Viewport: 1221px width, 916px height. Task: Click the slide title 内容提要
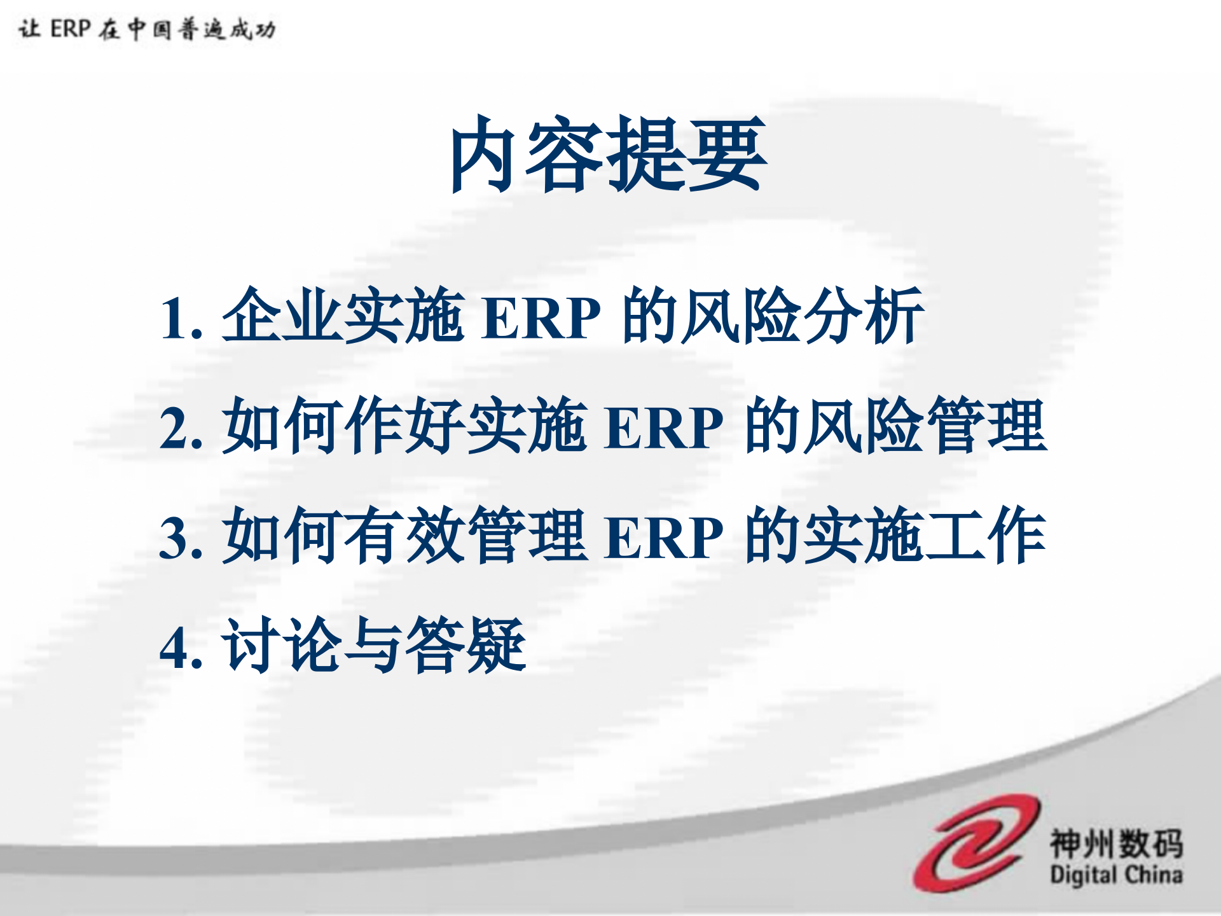click(x=608, y=154)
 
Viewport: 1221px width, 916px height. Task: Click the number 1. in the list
click(x=181, y=318)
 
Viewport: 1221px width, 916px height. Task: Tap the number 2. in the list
click(x=181, y=427)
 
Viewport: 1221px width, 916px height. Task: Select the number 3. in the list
click(x=181, y=538)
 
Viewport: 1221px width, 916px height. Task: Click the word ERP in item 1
click(x=541, y=318)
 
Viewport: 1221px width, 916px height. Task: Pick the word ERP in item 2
click(x=664, y=427)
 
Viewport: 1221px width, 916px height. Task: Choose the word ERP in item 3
click(x=664, y=538)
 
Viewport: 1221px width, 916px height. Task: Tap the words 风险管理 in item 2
click(x=926, y=426)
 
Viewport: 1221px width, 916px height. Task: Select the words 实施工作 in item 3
click(x=926, y=536)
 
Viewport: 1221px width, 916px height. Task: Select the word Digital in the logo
click(x=1084, y=875)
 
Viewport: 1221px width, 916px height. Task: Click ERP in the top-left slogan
click(x=71, y=29)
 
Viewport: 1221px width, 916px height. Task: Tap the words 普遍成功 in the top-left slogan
click(x=227, y=29)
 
